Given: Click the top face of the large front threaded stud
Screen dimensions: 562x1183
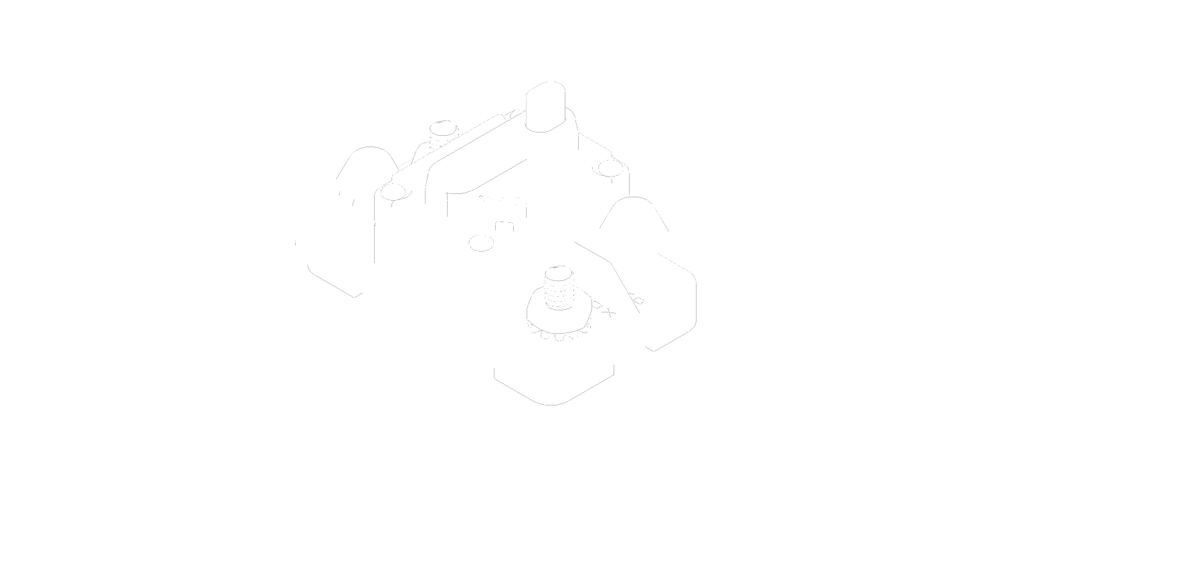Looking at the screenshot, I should tap(559, 272).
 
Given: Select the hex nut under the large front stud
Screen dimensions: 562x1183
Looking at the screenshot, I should tap(559, 313).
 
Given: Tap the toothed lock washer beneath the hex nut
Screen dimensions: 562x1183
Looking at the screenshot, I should tap(559, 331).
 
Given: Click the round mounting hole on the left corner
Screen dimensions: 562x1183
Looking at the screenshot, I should tap(392, 193).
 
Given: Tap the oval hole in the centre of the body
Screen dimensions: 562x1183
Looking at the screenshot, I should tap(481, 242).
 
